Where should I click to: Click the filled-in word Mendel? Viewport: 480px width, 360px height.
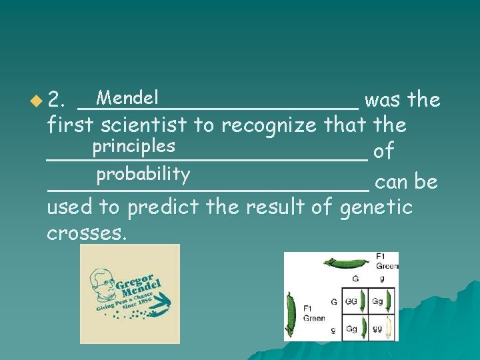(x=127, y=98)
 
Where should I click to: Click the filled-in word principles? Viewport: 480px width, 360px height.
(x=133, y=145)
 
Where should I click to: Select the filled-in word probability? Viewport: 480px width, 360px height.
(x=143, y=175)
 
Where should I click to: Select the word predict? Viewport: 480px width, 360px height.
(x=163, y=207)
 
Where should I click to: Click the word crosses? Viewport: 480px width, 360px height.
(x=87, y=233)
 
